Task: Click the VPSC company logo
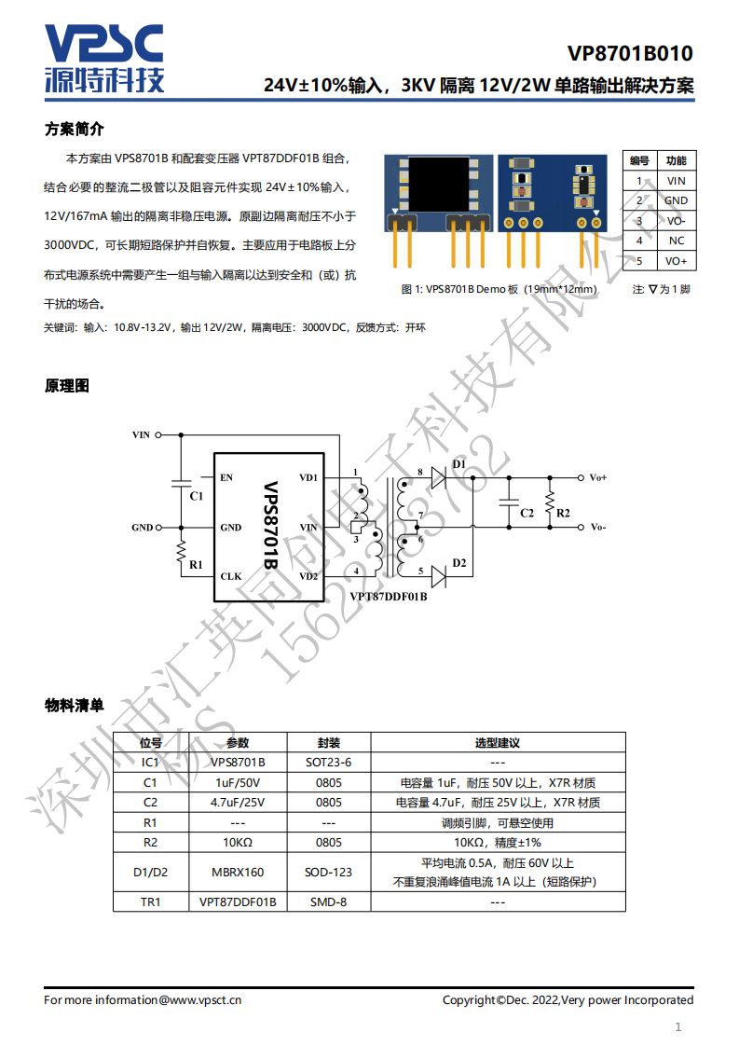[x=104, y=58]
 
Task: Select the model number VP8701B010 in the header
[x=630, y=53]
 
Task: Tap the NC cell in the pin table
[x=677, y=241]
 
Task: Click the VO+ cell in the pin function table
[x=677, y=261]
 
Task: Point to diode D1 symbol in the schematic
[x=439, y=477]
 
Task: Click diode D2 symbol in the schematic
[x=439, y=576]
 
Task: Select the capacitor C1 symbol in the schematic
[x=182, y=482]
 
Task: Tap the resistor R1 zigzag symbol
[x=181, y=553]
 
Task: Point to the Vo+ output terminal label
[x=598, y=477]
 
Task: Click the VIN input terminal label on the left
[x=141, y=435]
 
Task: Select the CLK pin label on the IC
[x=231, y=576]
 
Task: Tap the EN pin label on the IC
[x=226, y=477]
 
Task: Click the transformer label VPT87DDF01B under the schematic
[x=389, y=597]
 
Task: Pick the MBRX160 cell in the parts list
[x=239, y=872]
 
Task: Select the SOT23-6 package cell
[x=329, y=763]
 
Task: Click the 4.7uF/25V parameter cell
[x=239, y=803]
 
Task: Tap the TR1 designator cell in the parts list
[x=151, y=901]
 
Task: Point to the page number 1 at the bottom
[x=678, y=1027]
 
